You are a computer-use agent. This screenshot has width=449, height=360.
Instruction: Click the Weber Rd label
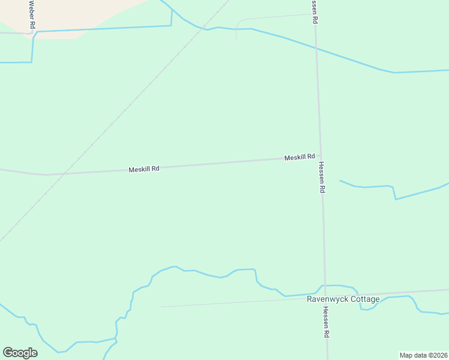tap(32, 15)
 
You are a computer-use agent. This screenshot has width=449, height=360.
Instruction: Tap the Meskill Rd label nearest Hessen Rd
tap(300, 157)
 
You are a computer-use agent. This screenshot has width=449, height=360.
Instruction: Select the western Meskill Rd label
tap(143, 169)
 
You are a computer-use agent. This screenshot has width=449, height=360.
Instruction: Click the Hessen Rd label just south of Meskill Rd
tap(322, 177)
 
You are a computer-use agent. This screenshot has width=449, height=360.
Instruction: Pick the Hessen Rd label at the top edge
tap(314, 11)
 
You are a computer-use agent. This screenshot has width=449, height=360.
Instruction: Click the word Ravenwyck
tap(328, 299)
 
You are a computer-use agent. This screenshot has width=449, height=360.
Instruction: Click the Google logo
tap(20, 353)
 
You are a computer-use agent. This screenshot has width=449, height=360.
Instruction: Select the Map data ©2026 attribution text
tap(423, 355)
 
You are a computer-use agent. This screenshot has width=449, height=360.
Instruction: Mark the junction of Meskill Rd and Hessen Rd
tap(319, 157)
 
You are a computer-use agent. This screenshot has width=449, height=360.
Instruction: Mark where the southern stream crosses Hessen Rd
tap(324, 286)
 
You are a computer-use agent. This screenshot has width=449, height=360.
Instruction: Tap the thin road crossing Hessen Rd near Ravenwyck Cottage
tap(240, 303)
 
